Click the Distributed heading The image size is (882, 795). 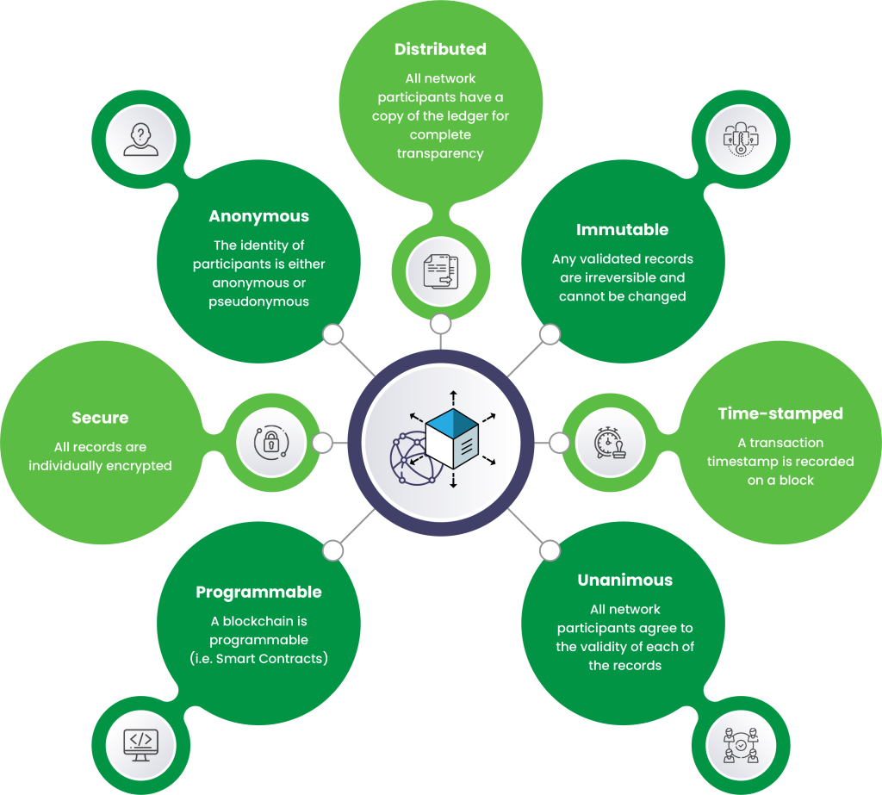point(440,49)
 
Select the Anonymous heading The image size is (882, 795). point(258,216)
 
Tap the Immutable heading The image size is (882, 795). point(622,230)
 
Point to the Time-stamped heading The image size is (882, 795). point(780,413)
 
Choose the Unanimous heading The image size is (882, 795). point(624,580)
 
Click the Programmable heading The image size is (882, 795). point(258,592)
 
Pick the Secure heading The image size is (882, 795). point(100,418)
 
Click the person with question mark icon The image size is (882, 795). point(140,138)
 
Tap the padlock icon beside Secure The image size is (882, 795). point(270,442)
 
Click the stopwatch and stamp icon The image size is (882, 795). point(609,443)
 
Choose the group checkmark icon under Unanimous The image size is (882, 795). point(741,742)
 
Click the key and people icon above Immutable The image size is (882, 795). point(741,139)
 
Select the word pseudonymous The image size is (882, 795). point(258,301)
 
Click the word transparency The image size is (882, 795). point(440,153)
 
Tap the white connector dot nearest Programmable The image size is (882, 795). point(332,549)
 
